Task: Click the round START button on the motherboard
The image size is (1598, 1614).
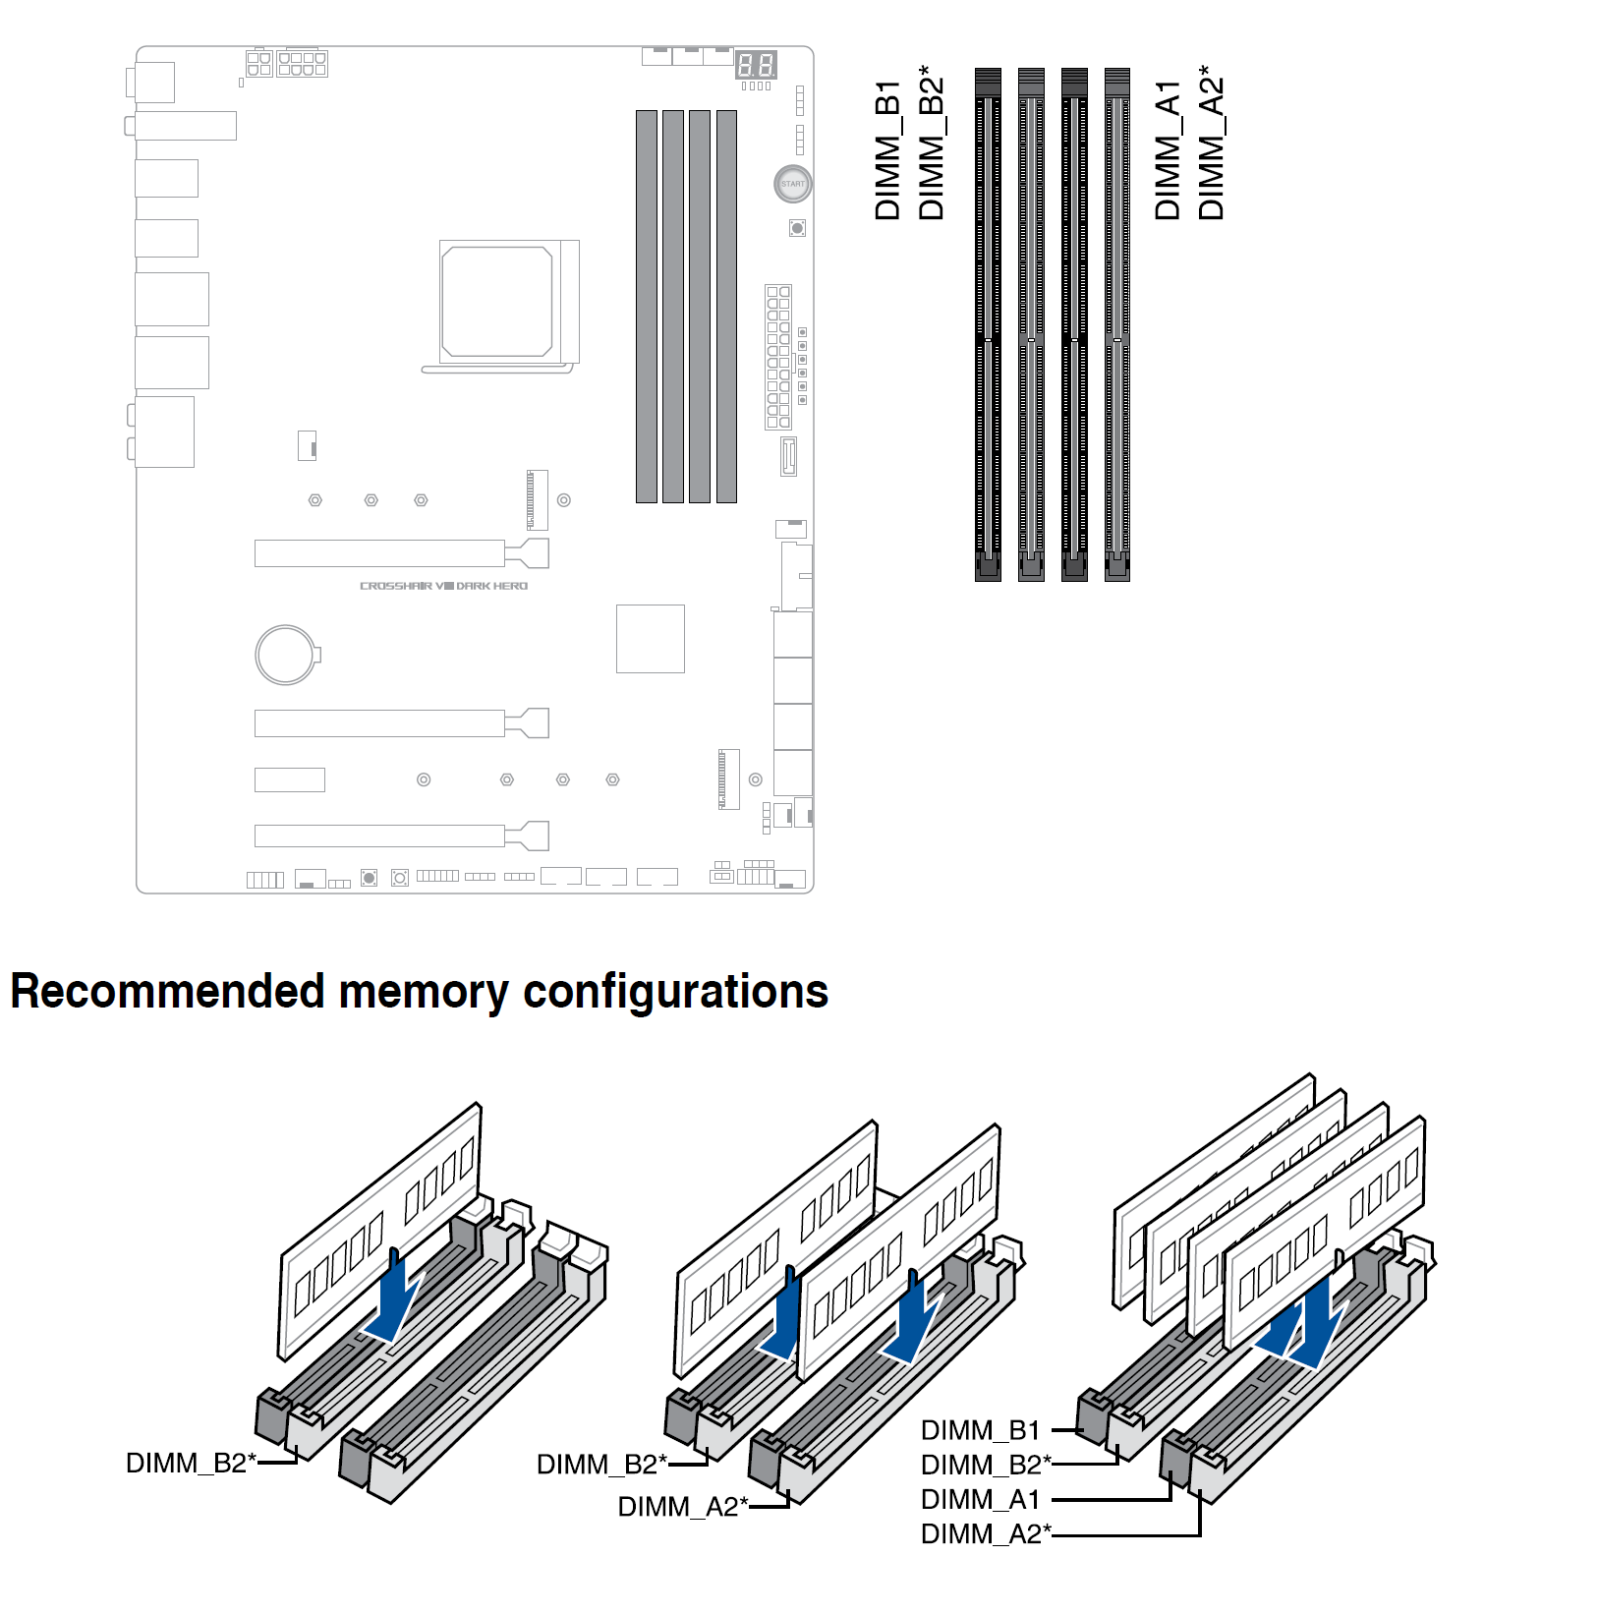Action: coord(792,184)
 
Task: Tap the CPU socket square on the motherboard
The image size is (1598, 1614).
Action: coord(497,301)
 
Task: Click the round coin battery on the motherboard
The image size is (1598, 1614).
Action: coord(285,655)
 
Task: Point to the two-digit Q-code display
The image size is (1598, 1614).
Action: coord(756,65)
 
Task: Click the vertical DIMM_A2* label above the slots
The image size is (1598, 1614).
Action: coord(1212,144)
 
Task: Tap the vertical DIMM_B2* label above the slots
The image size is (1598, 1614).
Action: coord(931,144)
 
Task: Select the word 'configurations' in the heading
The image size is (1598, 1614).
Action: coord(675,991)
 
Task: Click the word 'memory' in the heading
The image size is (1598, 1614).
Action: coord(424,991)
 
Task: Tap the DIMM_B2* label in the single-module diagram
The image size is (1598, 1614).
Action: coord(191,1463)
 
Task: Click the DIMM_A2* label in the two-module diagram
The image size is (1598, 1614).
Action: coord(683,1506)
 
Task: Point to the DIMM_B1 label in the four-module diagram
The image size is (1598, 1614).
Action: coord(980,1430)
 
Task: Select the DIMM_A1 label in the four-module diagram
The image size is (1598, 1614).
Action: coord(980,1499)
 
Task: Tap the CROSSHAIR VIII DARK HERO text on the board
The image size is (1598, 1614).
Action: coord(443,586)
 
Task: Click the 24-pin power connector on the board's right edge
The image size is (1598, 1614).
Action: coord(778,357)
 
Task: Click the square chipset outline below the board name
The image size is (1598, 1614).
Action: coord(650,638)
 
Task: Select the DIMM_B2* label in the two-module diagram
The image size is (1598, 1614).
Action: coord(601,1464)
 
